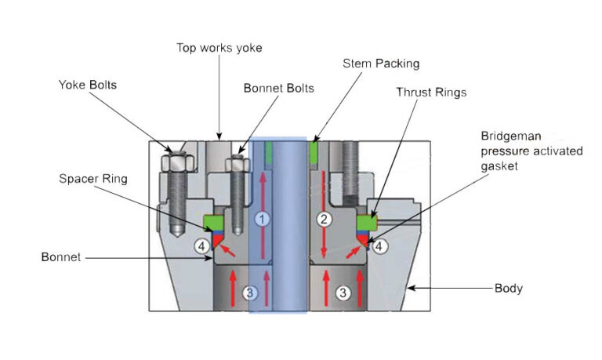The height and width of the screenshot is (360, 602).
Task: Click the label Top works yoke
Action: [x=219, y=48]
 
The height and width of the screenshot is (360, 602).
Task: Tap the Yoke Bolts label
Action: [x=87, y=84]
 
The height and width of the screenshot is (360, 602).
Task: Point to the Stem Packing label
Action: [x=381, y=63]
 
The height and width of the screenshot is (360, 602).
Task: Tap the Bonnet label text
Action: [x=60, y=256]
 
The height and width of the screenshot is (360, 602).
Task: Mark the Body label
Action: [x=509, y=289]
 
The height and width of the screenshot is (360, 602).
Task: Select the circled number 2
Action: [x=323, y=219]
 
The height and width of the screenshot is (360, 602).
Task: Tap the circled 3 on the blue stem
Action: [x=250, y=293]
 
